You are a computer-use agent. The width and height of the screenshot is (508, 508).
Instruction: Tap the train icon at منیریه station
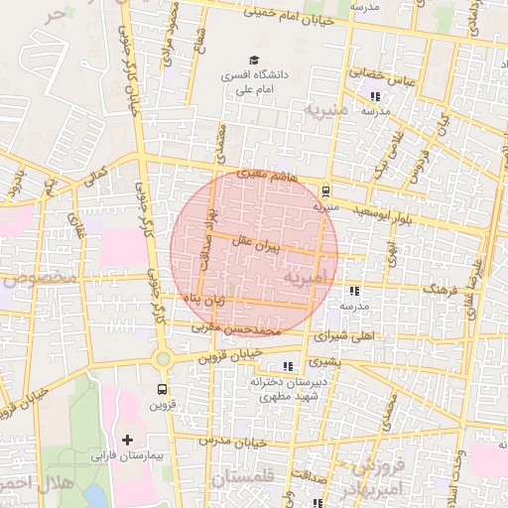(x=326, y=191)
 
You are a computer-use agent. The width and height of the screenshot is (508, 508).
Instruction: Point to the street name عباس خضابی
(x=380, y=74)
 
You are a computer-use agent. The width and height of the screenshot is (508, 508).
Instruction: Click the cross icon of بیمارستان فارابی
(x=127, y=438)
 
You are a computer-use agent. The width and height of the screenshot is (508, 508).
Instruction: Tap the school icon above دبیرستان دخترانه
(x=288, y=366)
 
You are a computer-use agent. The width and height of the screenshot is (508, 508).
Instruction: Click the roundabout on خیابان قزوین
(x=162, y=358)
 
